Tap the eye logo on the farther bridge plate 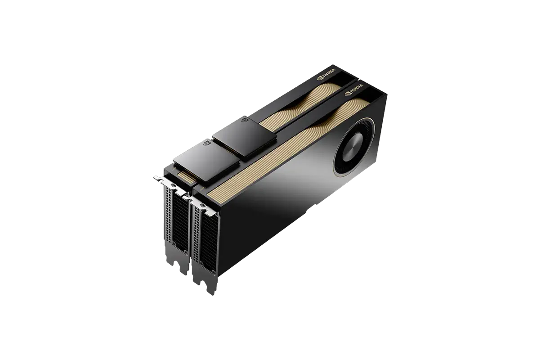coord(245,121)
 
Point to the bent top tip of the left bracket coord(158,178)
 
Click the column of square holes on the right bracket coord(195,234)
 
